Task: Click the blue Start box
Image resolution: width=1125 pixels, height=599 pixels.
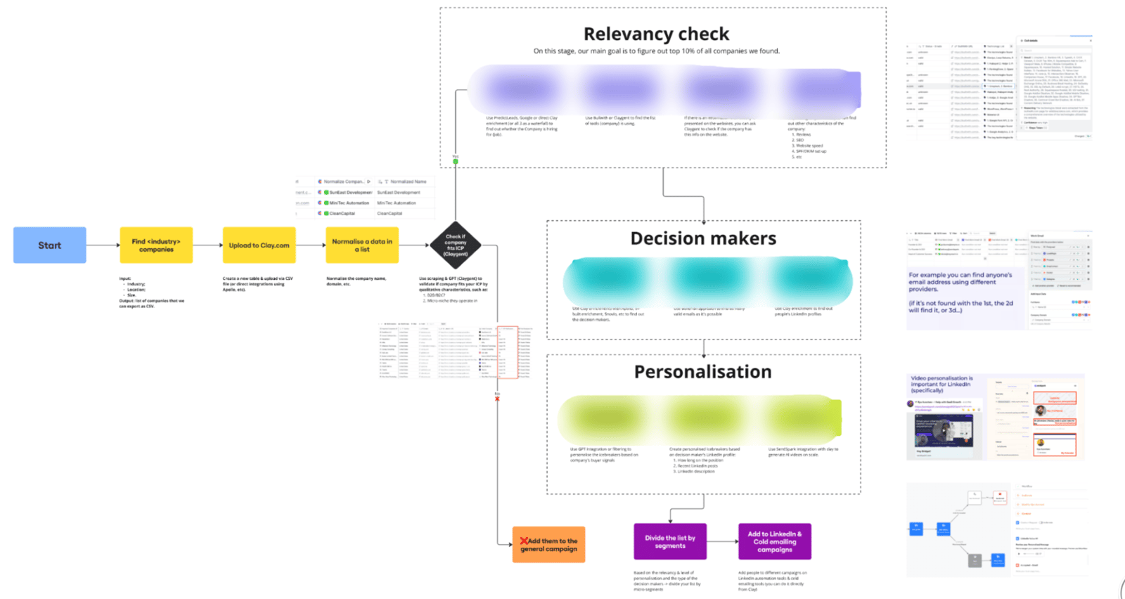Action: point(49,245)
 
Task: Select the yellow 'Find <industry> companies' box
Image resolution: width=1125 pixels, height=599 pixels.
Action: point(156,245)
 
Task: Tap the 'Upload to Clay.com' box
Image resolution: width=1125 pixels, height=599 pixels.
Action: point(259,245)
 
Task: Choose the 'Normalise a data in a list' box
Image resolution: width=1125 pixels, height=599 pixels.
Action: point(362,245)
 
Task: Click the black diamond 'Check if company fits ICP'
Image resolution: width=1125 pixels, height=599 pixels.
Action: point(456,245)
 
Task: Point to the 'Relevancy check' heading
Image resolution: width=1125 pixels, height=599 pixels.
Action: point(656,34)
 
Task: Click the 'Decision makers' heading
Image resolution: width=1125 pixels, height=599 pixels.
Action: point(703,238)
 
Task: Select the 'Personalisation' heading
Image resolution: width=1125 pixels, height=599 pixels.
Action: point(702,372)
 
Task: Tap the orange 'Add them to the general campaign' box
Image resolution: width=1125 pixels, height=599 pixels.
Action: point(548,545)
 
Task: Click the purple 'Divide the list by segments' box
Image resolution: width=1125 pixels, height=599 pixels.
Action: point(670,541)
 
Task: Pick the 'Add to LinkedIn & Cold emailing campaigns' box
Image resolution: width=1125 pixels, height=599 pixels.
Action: point(774,541)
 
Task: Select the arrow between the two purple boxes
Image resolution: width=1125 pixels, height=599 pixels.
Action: point(722,541)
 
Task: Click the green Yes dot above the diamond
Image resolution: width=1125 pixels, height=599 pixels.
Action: point(456,162)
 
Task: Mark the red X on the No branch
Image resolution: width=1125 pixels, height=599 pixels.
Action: point(497,399)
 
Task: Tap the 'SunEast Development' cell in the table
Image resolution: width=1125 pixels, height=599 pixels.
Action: point(350,193)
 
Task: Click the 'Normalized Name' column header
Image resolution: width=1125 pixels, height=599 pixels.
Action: point(408,181)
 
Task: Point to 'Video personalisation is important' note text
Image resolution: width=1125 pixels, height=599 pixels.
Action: point(941,384)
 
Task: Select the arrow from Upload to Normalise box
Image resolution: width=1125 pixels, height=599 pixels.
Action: point(310,245)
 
